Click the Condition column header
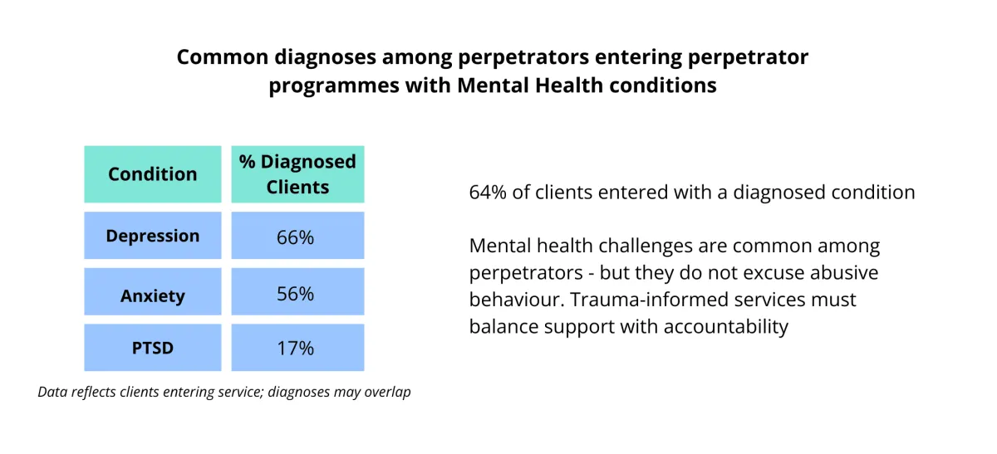click(153, 174)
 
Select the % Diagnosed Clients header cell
click(297, 174)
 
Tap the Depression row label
click(153, 236)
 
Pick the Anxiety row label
click(153, 295)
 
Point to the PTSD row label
click(153, 348)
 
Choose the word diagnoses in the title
click(328, 57)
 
